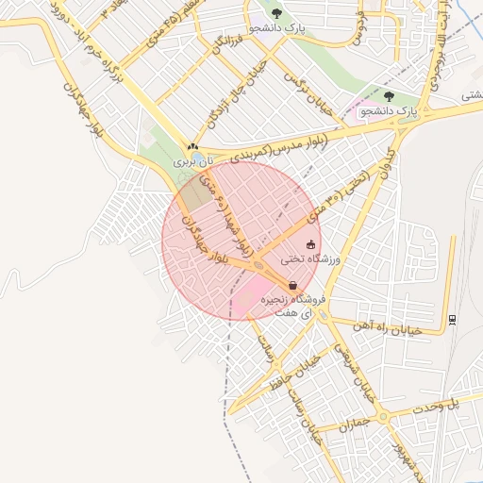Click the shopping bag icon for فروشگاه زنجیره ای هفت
[292, 285]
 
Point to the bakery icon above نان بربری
[192, 147]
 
